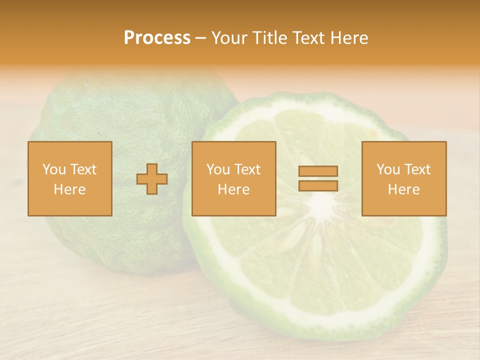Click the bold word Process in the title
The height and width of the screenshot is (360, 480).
(x=157, y=38)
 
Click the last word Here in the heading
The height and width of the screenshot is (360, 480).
(x=350, y=38)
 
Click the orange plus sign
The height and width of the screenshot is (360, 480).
(x=152, y=179)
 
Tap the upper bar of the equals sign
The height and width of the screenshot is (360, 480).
(x=318, y=171)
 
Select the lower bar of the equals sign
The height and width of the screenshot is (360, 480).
(x=318, y=185)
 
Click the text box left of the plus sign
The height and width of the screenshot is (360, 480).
(x=69, y=178)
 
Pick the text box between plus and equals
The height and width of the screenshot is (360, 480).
(x=233, y=178)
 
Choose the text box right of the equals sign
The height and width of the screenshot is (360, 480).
(x=403, y=178)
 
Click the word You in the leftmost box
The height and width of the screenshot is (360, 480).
(x=53, y=169)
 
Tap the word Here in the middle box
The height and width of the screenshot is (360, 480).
(x=233, y=189)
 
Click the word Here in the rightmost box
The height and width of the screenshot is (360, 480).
(x=403, y=189)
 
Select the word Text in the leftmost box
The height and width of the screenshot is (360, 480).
(x=84, y=169)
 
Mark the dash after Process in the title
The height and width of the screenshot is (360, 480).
(x=200, y=38)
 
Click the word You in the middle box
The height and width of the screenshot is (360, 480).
(x=218, y=169)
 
